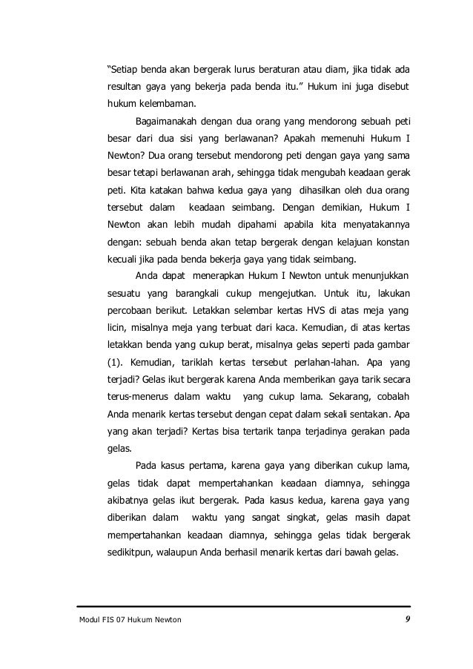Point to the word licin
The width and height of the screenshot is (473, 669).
pyautogui.click(x=119, y=327)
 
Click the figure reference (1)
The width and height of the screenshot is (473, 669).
pyautogui.click(x=116, y=363)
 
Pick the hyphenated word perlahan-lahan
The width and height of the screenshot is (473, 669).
pyautogui.click(x=320, y=363)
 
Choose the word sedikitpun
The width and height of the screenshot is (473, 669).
pyautogui.click(x=133, y=553)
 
